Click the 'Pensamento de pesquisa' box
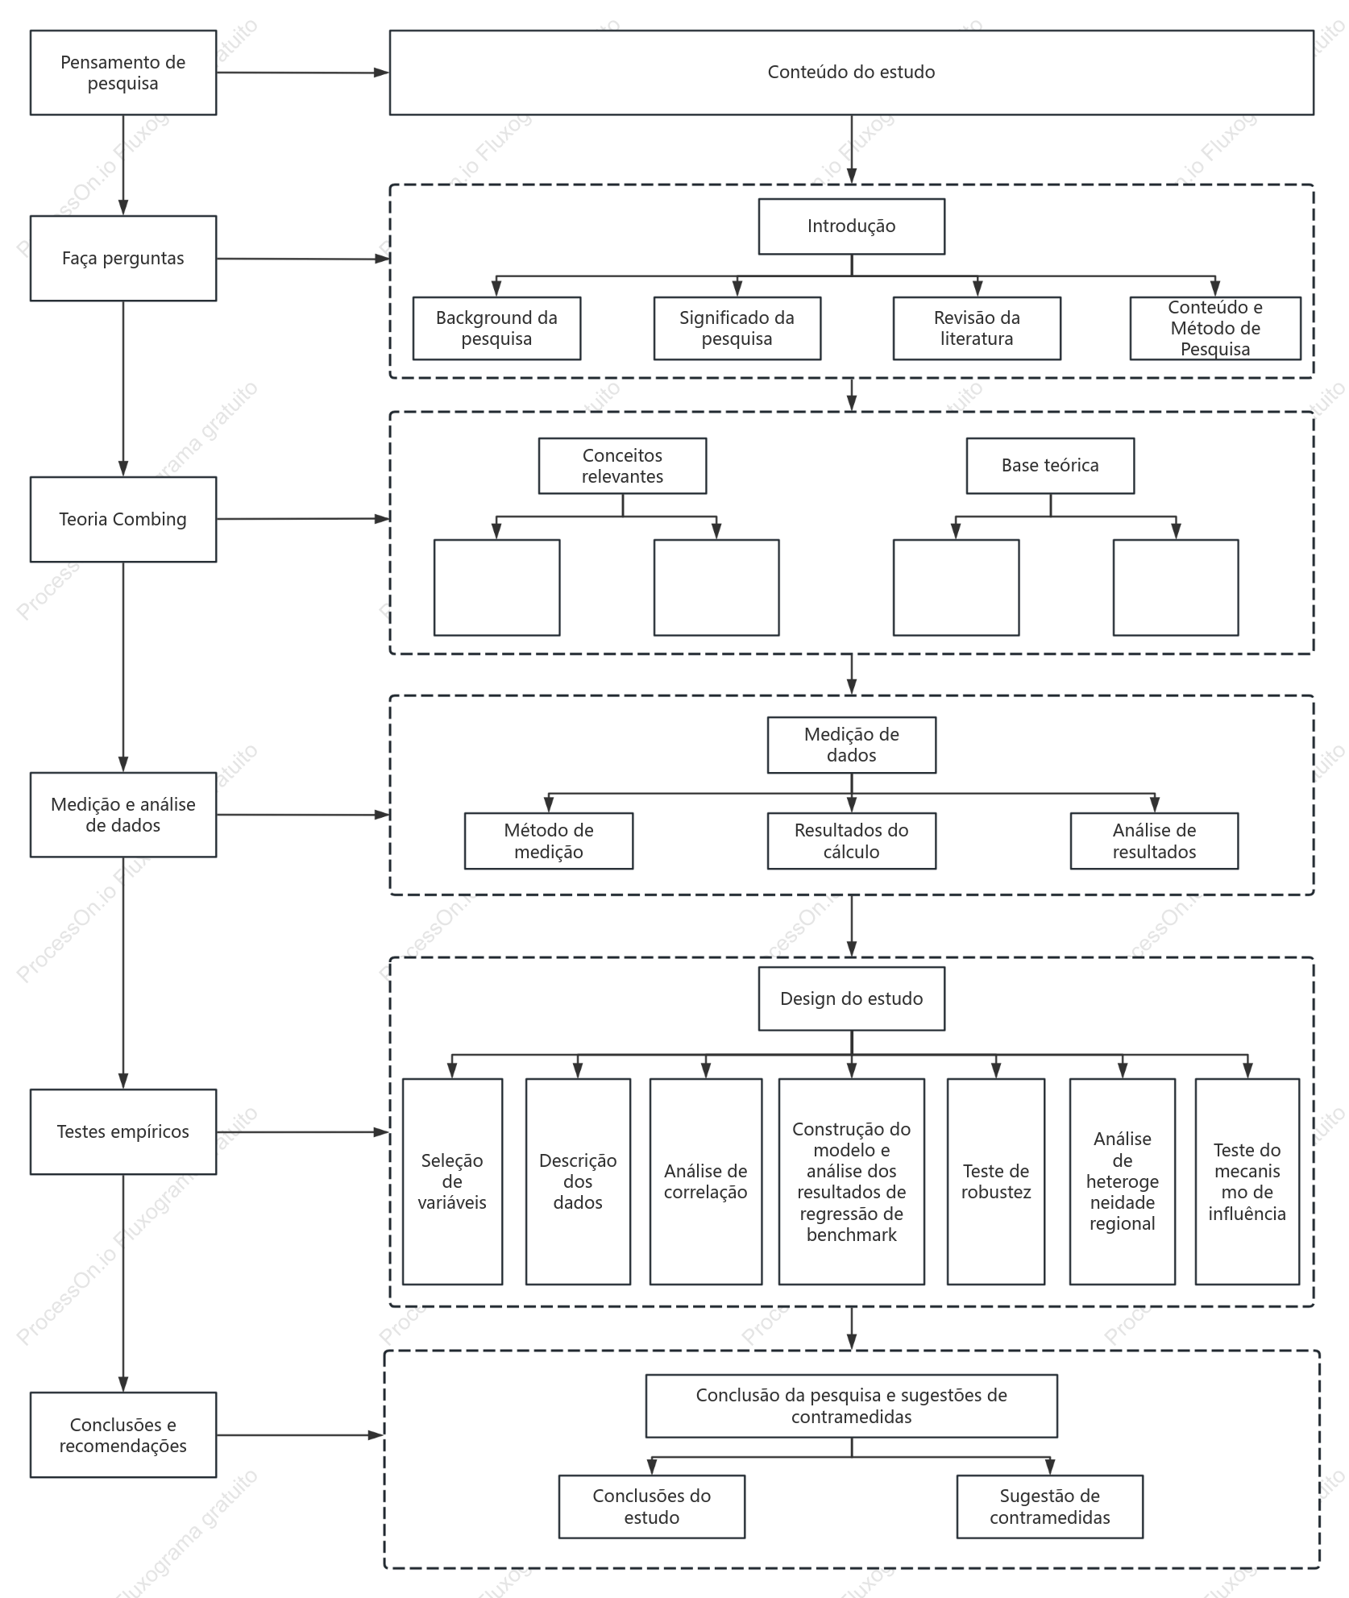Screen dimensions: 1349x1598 pyautogui.click(x=123, y=73)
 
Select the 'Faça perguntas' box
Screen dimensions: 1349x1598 pyautogui.click(x=123, y=258)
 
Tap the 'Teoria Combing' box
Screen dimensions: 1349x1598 pyautogui.click(x=123, y=519)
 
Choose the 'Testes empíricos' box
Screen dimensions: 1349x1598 pyautogui.click(x=123, y=1131)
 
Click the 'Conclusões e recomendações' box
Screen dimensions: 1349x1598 pyautogui.click(x=123, y=1434)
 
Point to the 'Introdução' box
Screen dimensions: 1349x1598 pyautogui.click(x=852, y=226)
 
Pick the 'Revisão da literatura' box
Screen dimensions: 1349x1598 pyautogui.click(x=977, y=328)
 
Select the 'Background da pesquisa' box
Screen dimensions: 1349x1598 pyautogui.click(x=496, y=328)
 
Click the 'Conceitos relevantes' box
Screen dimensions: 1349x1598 pyautogui.click(x=623, y=466)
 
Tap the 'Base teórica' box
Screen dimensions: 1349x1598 pyautogui.click(x=1050, y=466)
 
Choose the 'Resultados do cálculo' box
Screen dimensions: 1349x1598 pyautogui.click(x=852, y=841)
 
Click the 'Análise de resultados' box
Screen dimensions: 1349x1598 pyautogui.click(x=1154, y=841)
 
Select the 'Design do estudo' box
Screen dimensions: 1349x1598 pyautogui.click(x=852, y=998)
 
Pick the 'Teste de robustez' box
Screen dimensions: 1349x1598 pyautogui.click(x=996, y=1181)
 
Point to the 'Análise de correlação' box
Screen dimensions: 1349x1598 pyautogui.click(x=706, y=1181)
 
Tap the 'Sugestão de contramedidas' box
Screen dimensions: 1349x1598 pyautogui.click(x=1050, y=1506)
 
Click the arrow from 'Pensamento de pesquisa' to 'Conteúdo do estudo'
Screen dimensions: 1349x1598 pyautogui.click(x=303, y=73)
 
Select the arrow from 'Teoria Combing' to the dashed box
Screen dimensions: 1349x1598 pyautogui.click(x=303, y=519)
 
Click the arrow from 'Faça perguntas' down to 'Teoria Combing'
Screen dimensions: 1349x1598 pyautogui.click(x=123, y=388)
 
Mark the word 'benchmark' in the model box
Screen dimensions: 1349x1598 pyautogui.click(x=852, y=1235)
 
